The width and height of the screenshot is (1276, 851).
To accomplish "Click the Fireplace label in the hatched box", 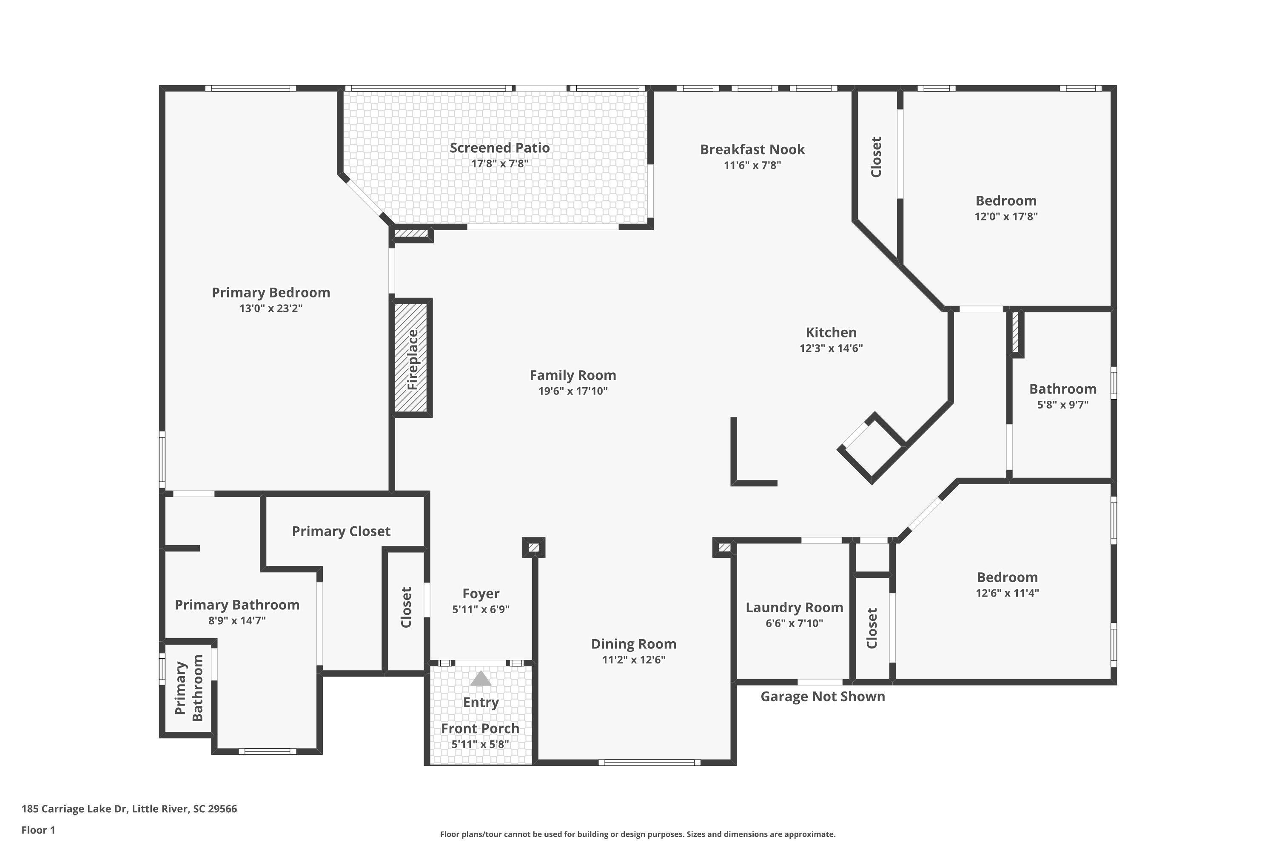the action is [x=413, y=359].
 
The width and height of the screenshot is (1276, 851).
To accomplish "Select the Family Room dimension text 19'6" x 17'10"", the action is [x=573, y=391].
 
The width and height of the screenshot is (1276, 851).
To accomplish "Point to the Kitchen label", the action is [x=831, y=332].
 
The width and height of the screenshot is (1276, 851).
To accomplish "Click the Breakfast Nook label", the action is [x=752, y=149].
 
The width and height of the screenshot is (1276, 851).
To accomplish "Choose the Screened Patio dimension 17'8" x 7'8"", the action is [x=500, y=163].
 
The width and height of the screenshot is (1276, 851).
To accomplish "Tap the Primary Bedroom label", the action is [x=271, y=293].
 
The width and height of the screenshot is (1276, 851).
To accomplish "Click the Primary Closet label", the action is [x=341, y=531].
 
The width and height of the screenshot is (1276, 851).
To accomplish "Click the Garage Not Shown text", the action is [x=823, y=696].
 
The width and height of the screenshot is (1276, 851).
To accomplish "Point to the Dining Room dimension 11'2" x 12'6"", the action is [x=634, y=660].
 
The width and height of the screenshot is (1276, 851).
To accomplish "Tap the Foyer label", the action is [x=481, y=594].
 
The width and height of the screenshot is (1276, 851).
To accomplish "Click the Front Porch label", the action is [x=480, y=728].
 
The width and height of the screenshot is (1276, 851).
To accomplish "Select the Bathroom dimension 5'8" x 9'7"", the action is [x=1063, y=404].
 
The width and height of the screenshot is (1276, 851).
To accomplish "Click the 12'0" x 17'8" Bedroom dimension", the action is [x=1006, y=216].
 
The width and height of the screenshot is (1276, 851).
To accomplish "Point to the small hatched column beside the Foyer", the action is [x=534, y=548].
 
